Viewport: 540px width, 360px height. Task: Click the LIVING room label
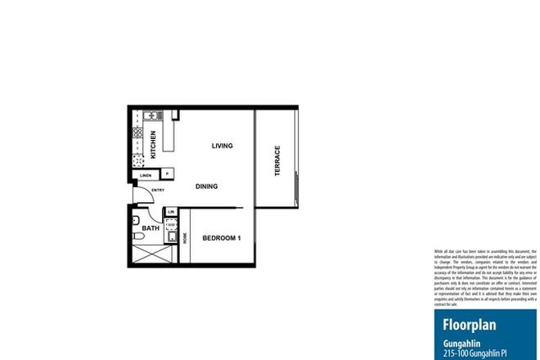(223, 146)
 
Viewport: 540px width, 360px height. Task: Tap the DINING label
(206, 187)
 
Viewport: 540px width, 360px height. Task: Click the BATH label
(151, 229)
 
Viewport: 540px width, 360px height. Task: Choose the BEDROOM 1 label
(221, 238)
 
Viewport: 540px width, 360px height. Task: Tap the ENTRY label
(158, 191)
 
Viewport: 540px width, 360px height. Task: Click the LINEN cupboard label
(146, 175)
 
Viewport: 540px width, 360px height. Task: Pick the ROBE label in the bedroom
(185, 238)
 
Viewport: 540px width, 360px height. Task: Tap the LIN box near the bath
(171, 213)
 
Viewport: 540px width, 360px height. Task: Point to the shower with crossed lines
(147, 254)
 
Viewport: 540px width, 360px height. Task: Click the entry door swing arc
(147, 198)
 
